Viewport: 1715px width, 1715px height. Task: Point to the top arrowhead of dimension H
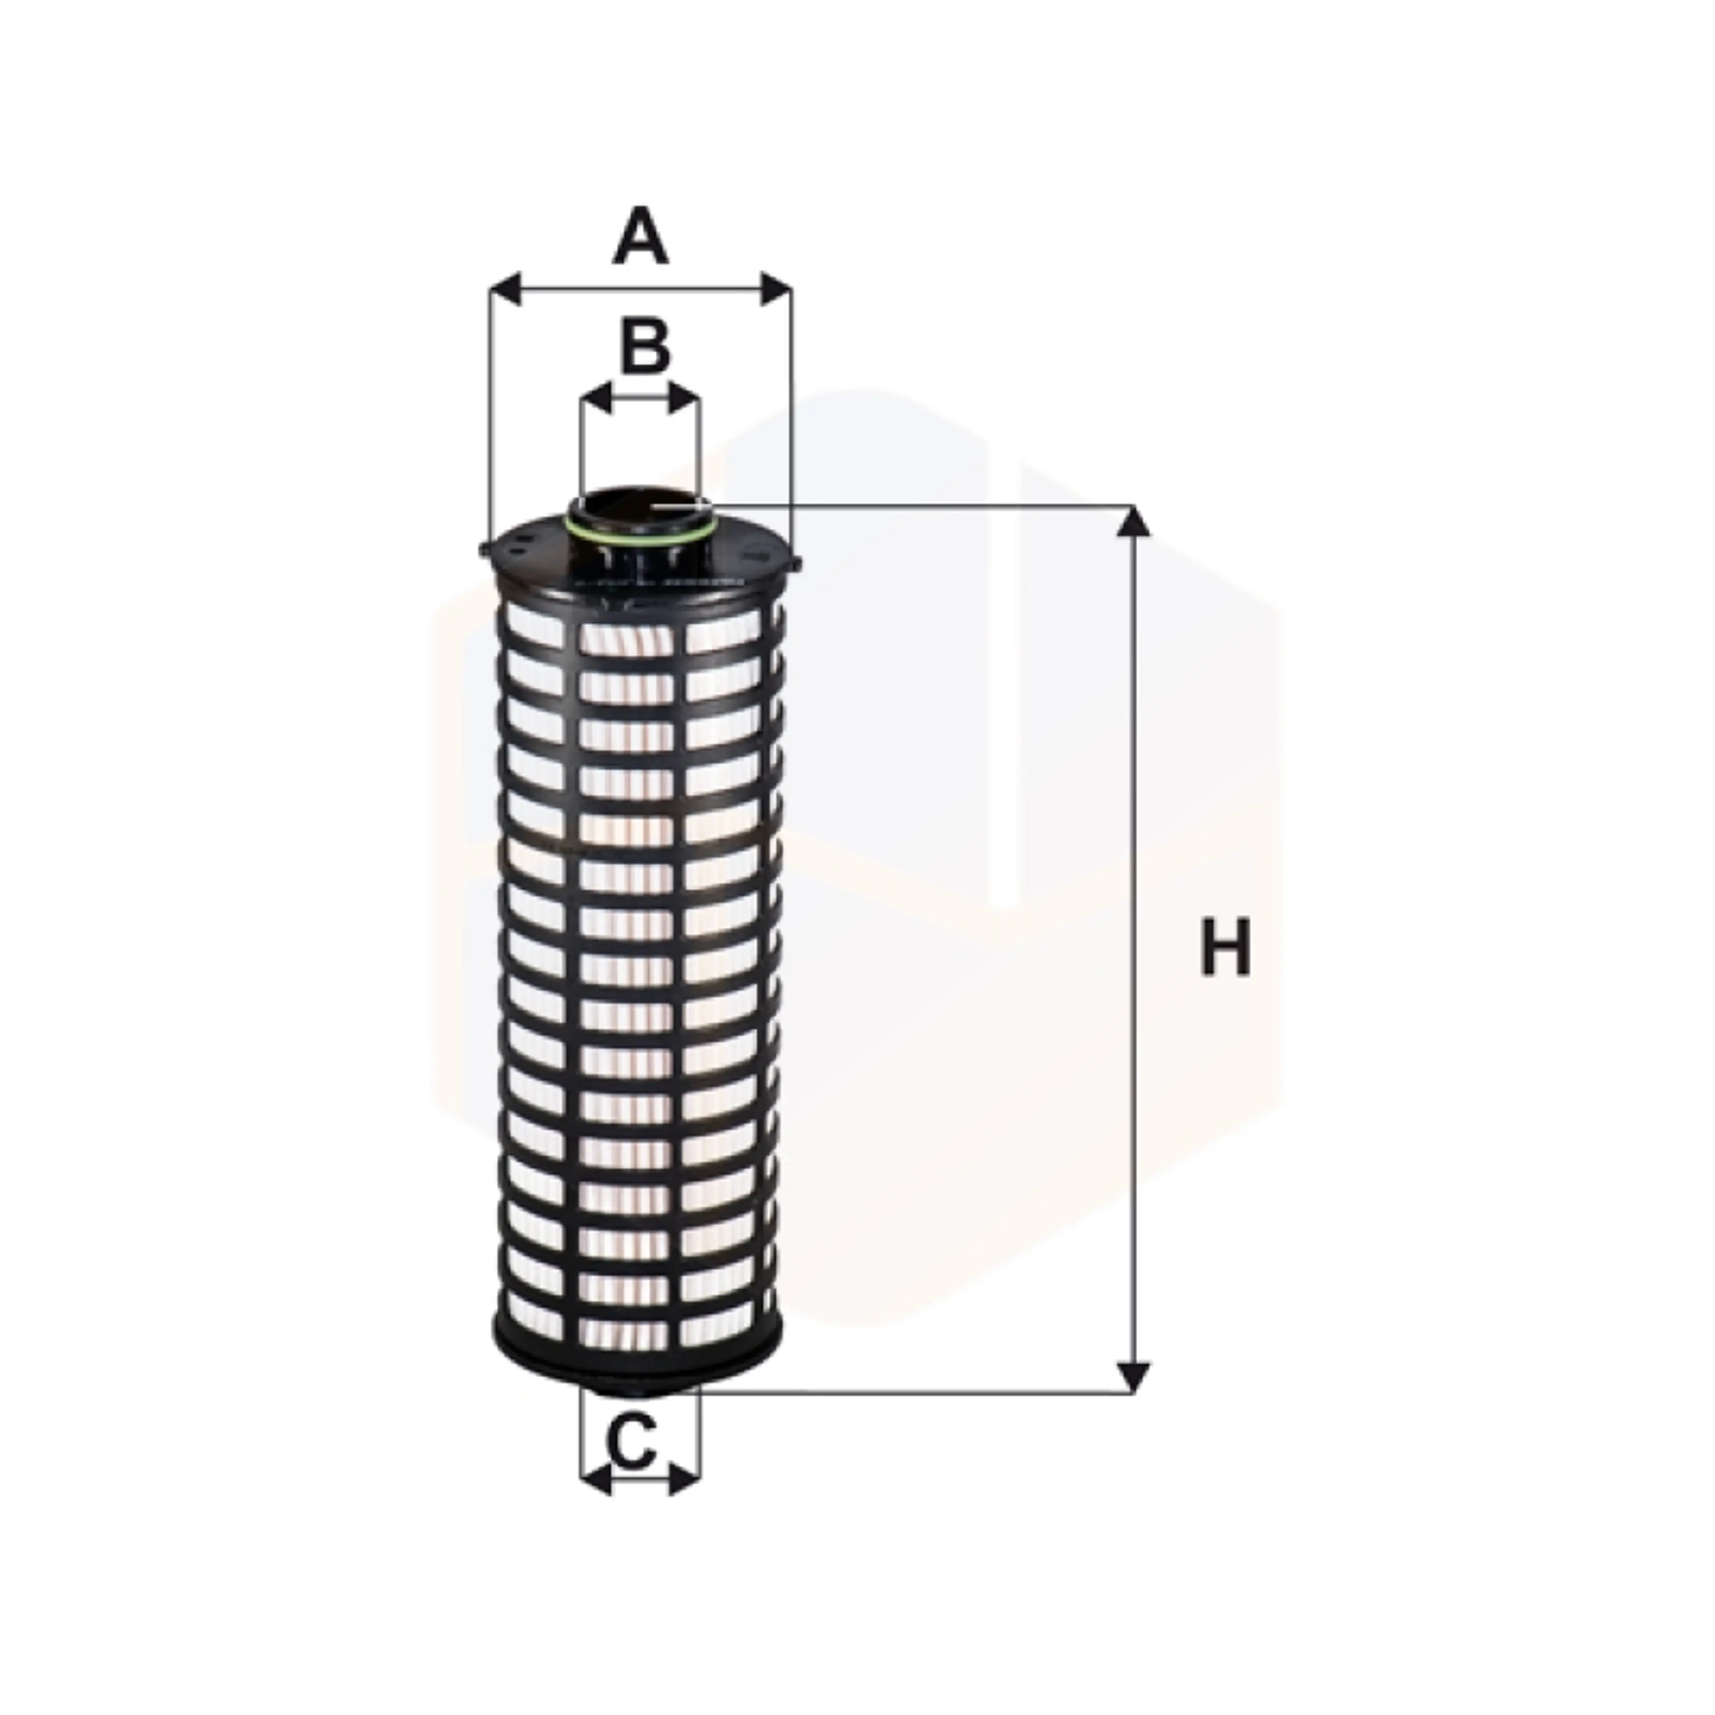(x=1133, y=522)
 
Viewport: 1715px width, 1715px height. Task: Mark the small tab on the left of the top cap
(x=485, y=550)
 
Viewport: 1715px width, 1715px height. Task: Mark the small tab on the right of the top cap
(x=795, y=561)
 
